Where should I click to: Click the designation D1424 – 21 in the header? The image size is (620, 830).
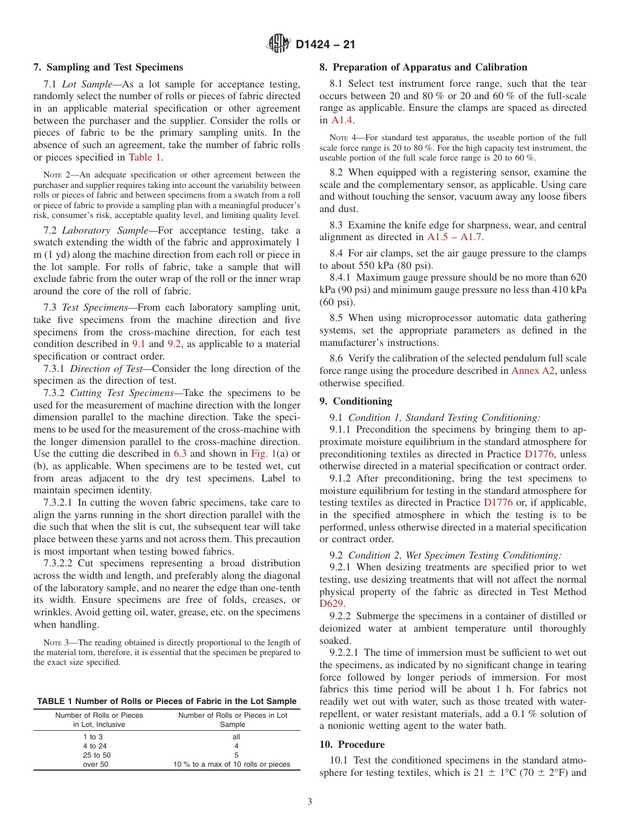(325, 45)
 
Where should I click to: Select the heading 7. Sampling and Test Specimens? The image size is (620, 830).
(108, 67)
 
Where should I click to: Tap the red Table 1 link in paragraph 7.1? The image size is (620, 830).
(145, 157)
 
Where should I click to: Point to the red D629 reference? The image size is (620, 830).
(331, 604)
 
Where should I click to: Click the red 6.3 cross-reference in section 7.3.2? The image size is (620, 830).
(181, 453)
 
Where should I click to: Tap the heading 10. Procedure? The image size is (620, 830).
(352, 745)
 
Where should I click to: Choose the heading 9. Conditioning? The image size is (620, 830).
(356, 401)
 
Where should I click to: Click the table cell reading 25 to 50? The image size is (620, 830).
(97, 755)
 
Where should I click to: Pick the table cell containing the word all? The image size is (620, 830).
(236, 736)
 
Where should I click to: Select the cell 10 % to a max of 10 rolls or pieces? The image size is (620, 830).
(232, 764)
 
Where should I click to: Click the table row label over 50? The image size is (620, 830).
(96, 764)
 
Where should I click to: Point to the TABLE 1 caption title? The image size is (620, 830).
(166, 701)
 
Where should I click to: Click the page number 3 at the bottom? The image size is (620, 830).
(310, 802)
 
